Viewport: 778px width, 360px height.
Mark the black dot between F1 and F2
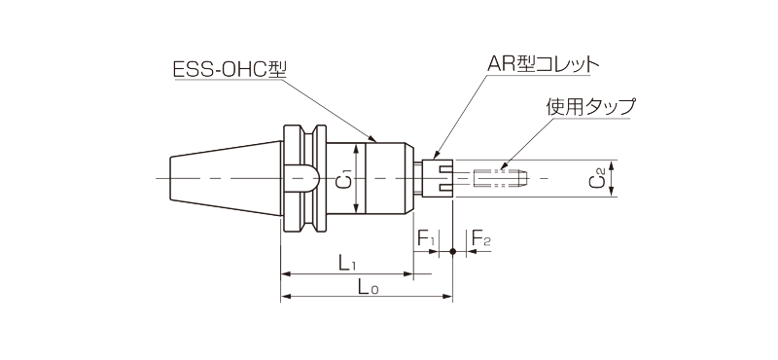pos(454,251)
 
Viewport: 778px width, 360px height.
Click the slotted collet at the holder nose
pos(440,178)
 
